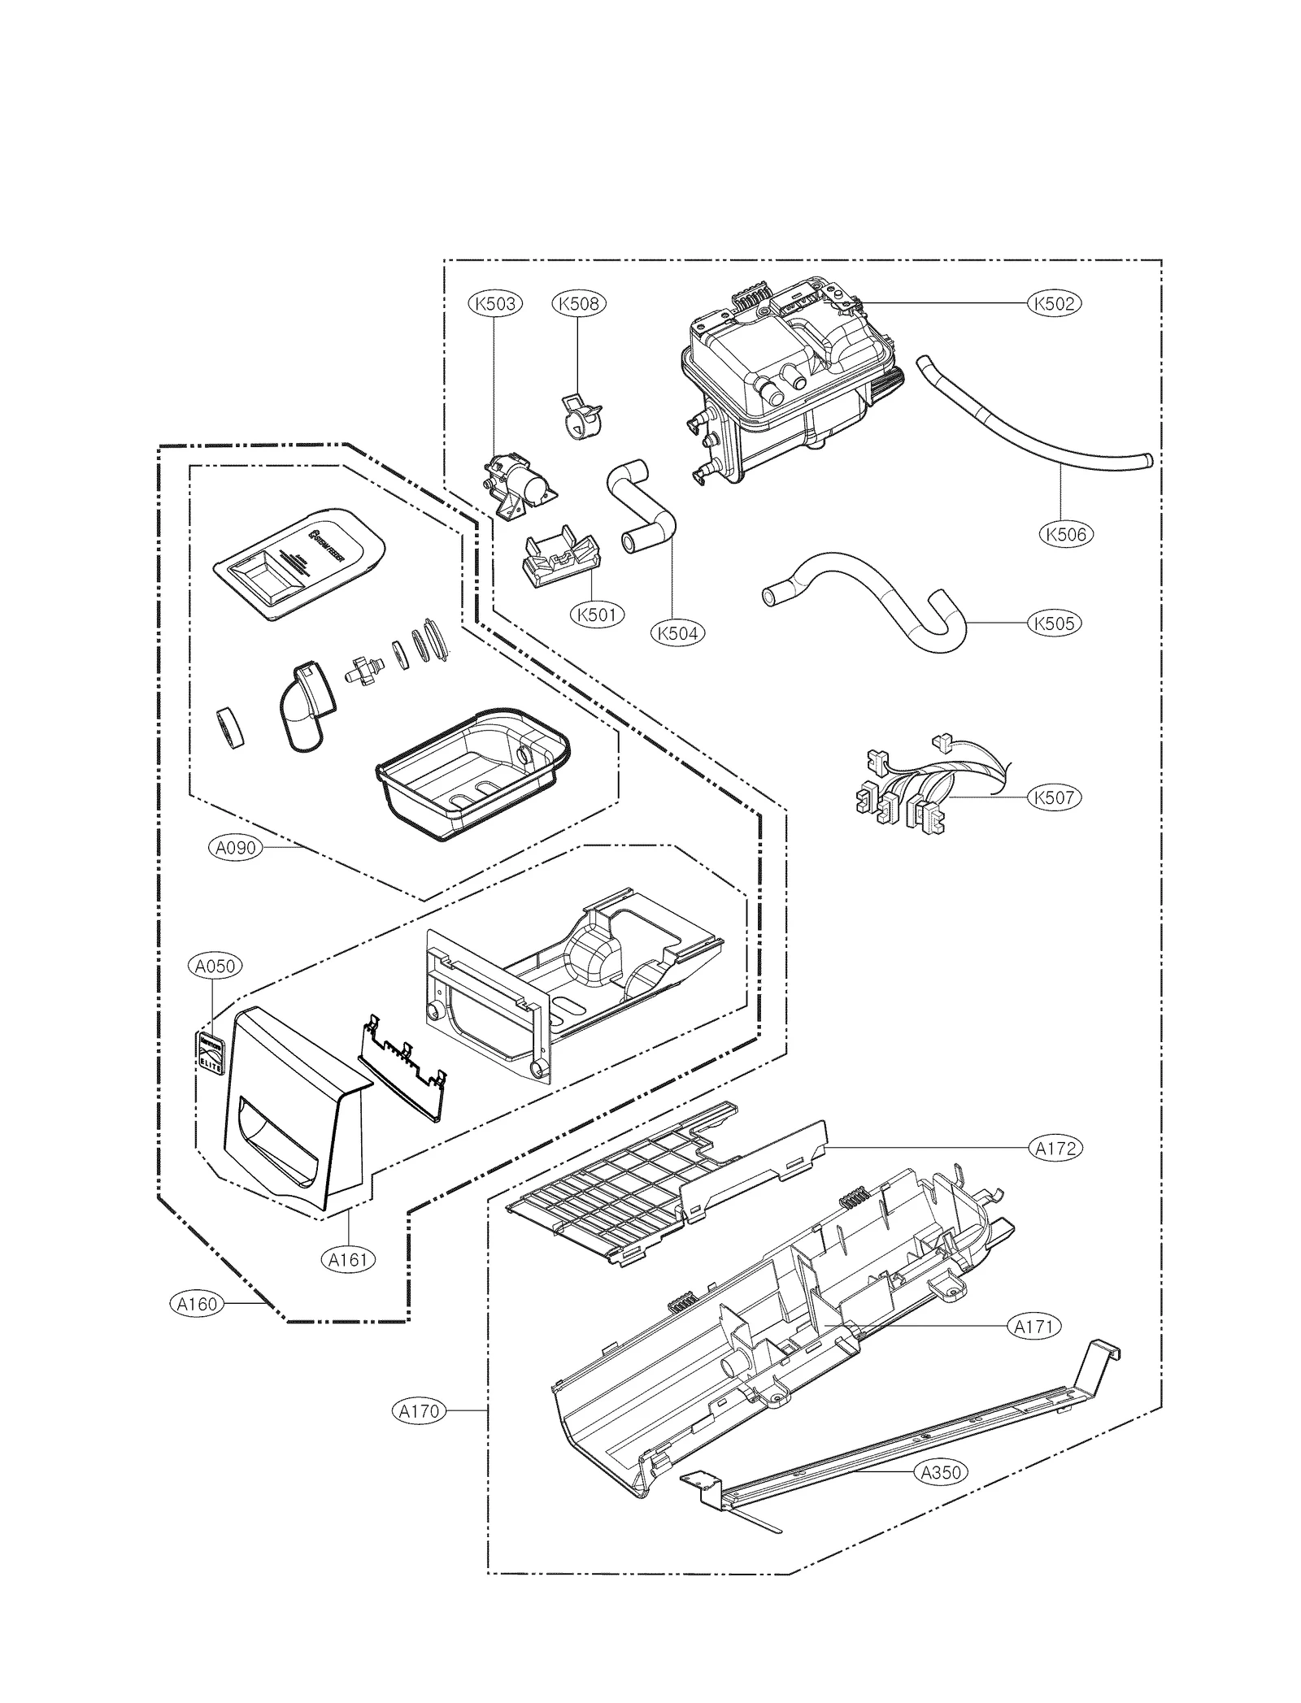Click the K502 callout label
[x=1055, y=303]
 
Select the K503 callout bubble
[x=495, y=303]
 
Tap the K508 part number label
[x=578, y=303]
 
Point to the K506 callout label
[x=1066, y=534]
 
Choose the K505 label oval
[x=1055, y=623]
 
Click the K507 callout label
[x=1055, y=797]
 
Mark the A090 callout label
[x=235, y=848]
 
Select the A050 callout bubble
[x=215, y=966]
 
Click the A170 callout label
[x=420, y=1411]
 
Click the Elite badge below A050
[x=212, y=1053]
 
